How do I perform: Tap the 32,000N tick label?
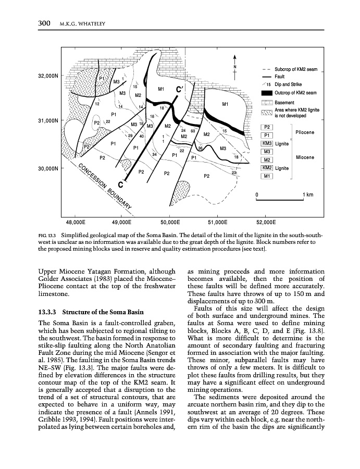48,76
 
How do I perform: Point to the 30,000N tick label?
48,169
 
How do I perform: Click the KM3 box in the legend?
267,143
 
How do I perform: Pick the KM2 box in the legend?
267,168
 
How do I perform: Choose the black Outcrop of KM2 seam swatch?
267,93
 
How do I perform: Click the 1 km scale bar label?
307,195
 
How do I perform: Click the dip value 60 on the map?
193,131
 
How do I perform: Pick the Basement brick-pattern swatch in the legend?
267,103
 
